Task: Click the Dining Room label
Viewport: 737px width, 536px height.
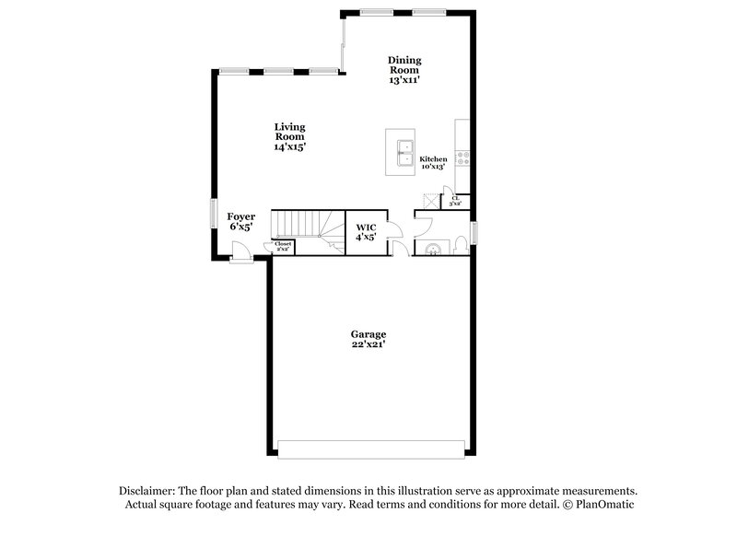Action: click(x=404, y=70)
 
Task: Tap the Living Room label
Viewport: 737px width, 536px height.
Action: click(x=289, y=136)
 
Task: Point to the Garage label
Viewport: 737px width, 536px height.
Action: click(x=368, y=339)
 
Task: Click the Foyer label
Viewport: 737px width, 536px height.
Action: click(x=241, y=221)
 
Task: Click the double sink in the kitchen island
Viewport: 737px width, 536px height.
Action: click(x=402, y=153)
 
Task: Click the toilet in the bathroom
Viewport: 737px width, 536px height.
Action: click(x=461, y=245)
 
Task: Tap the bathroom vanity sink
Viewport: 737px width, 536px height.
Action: click(x=431, y=247)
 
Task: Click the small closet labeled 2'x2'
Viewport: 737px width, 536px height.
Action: click(x=283, y=246)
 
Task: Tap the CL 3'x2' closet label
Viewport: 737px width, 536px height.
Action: click(x=456, y=200)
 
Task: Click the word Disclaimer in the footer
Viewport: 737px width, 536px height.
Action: click(x=149, y=491)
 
